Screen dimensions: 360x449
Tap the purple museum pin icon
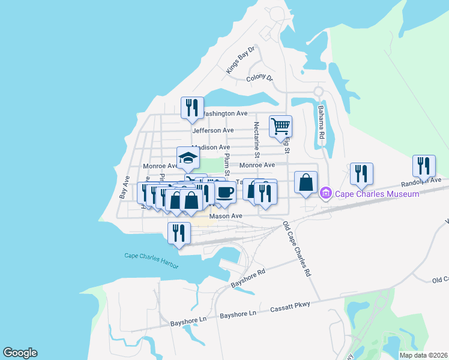(327, 193)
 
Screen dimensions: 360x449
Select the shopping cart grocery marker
(280, 127)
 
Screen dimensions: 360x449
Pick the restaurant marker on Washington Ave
(192, 108)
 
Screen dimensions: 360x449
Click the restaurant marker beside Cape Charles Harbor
(178, 233)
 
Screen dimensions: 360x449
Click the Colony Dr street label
(259, 79)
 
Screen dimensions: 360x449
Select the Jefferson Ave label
(212, 130)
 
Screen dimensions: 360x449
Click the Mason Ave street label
(225, 216)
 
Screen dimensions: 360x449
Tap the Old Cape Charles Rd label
(298, 248)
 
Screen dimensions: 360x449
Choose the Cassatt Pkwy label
(290, 305)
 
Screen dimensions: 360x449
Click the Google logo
(20, 353)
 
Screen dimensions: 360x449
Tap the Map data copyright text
(423, 355)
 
